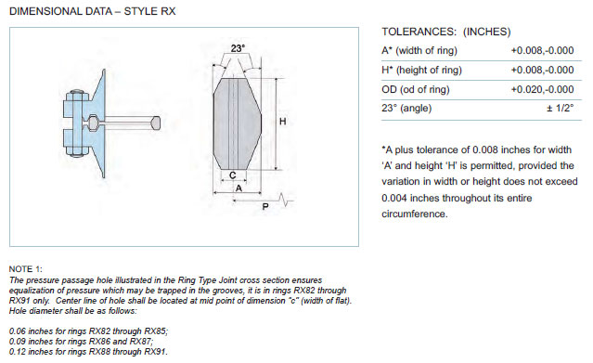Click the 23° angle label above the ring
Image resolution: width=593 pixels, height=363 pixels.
coord(238,48)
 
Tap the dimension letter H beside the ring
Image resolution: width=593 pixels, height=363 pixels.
coord(282,122)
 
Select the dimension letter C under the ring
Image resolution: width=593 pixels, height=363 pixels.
coord(233,175)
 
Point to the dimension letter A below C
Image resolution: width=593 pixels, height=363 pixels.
coord(238,188)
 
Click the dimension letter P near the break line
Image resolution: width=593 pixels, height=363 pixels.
coord(265,207)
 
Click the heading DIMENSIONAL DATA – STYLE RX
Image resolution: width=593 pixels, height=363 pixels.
coord(92,11)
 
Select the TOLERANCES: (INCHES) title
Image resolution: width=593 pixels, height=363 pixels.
coord(445,32)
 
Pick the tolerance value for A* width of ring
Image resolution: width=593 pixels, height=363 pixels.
coord(542,50)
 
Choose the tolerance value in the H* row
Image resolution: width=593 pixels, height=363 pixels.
coord(542,70)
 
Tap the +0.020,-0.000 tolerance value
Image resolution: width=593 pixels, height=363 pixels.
coord(542,90)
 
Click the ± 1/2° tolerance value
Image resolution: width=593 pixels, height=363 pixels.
coord(561,109)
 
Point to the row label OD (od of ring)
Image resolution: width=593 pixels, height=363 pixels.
coord(416,90)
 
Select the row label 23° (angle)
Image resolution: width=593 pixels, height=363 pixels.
coord(406,109)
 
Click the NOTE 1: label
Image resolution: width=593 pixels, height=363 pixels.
coord(26,269)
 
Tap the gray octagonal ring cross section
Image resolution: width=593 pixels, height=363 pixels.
coord(238,123)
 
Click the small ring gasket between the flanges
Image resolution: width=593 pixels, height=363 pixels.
coord(93,123)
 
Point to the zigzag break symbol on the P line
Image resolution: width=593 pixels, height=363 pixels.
coord(285,200)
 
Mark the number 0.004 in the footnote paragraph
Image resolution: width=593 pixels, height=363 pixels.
coord(394,198)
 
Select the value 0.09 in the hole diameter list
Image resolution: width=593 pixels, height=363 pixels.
coord(18,342)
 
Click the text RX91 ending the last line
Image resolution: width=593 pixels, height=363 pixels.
coord(155,352)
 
